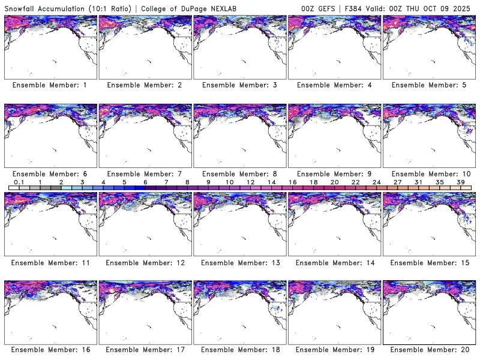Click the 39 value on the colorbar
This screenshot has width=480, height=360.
[x=461, y=182]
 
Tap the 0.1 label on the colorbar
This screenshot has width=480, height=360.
[x=19, y=182]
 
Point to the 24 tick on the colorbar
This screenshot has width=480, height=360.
[x=376, y=182]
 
